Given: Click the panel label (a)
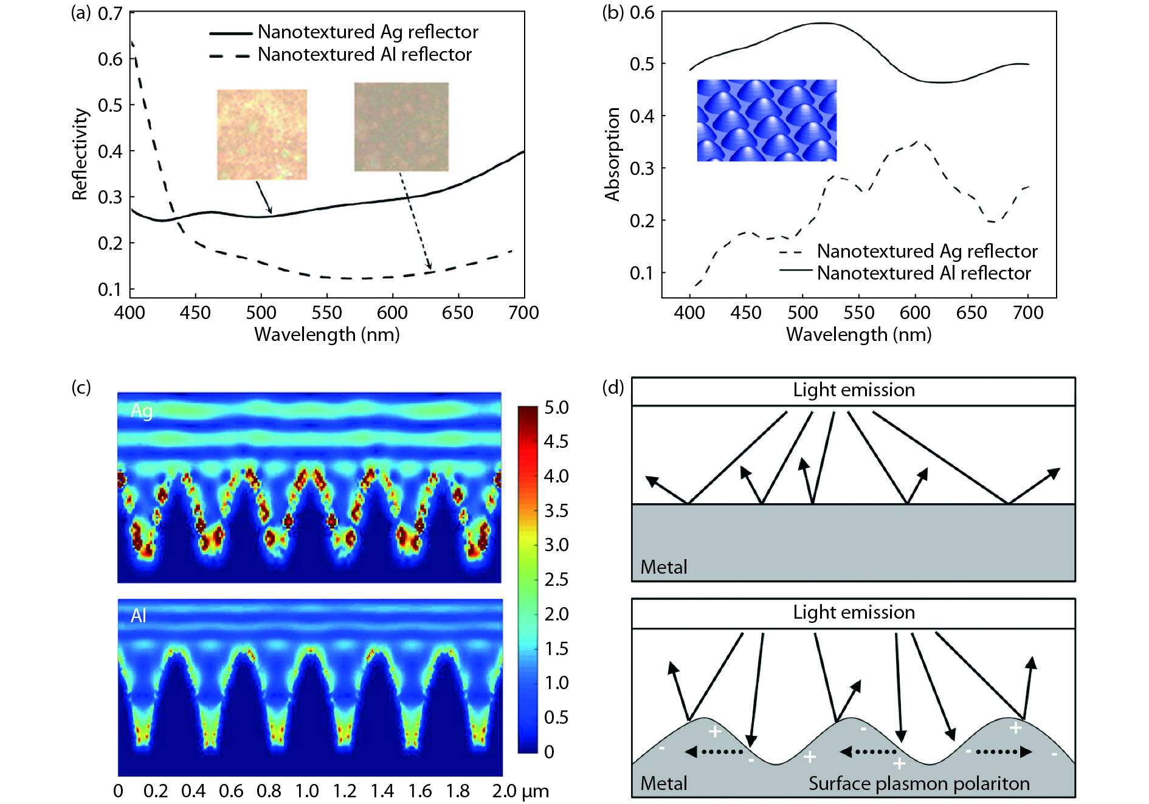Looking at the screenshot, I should click(81, 13).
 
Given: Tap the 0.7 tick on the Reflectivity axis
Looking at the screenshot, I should click(110, 13).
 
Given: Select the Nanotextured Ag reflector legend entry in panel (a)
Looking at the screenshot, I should click(367, 32).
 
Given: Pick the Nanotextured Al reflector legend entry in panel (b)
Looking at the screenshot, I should click(923, 273).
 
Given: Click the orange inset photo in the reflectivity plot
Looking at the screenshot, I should click(262, 134).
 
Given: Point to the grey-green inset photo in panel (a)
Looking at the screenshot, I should click(401, 126).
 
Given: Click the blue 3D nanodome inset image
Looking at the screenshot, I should click(767, 120).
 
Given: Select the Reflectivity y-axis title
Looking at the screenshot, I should click(80, 154).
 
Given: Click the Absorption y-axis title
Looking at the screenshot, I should click(612, 154).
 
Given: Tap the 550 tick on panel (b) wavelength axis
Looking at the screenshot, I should click(858, 312).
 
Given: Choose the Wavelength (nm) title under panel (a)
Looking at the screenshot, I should click(327, 334).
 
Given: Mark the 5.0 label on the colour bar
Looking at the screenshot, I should click(556, 408).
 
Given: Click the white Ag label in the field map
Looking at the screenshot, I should click(142, 411).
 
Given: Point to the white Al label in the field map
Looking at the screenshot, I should click(139, 616).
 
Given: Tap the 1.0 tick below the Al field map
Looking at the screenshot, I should click(307, 791).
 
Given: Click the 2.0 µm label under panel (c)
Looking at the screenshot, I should click(520, 791).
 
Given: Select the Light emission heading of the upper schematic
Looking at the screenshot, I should click(854, 390).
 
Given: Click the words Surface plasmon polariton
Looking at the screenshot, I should click(919, 783).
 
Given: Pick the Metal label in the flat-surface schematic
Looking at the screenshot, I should click(663, 567).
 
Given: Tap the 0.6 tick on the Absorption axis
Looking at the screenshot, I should click(642, 13).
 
